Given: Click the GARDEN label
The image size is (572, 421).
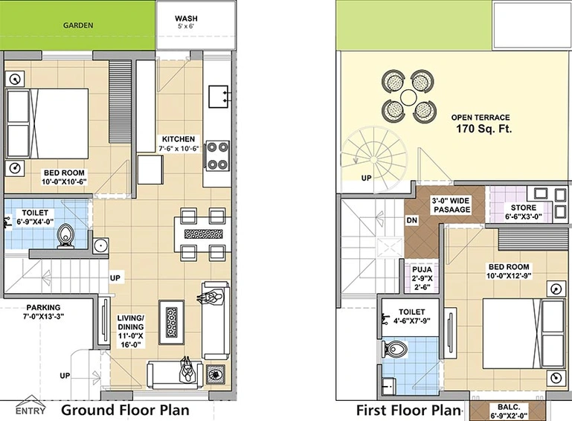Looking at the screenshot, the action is click(78, 25).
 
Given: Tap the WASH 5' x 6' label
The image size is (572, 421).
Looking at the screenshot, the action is click(186, 22).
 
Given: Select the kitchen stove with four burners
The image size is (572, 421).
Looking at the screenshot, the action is click(218, 155).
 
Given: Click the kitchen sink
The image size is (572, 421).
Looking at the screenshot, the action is click(218, 97).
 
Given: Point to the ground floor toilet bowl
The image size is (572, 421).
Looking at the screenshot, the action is click(65, 235).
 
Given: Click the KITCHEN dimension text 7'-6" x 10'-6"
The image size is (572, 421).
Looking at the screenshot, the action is click(179, 149).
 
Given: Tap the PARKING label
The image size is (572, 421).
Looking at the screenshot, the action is click(43, 307).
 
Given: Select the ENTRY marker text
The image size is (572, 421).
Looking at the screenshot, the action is click(30, 411).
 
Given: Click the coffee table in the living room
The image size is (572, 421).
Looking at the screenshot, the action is click(172, 323).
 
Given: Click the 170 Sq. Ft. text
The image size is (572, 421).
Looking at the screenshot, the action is click(484, 129).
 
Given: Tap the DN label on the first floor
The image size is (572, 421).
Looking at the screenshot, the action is click(412, 220).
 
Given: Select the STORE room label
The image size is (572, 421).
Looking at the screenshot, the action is click(524, 208).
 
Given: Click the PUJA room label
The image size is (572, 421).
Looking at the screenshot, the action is click(422, 269).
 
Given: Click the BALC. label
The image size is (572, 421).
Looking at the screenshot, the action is click(509, 407).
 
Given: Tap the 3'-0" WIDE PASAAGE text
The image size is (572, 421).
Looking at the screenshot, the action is click(452, 205).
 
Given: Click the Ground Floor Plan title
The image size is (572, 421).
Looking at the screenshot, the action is click(125, 410).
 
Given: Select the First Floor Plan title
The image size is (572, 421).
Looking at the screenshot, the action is click(408, 410).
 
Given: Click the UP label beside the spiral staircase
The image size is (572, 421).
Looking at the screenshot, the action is click(366, 178).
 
